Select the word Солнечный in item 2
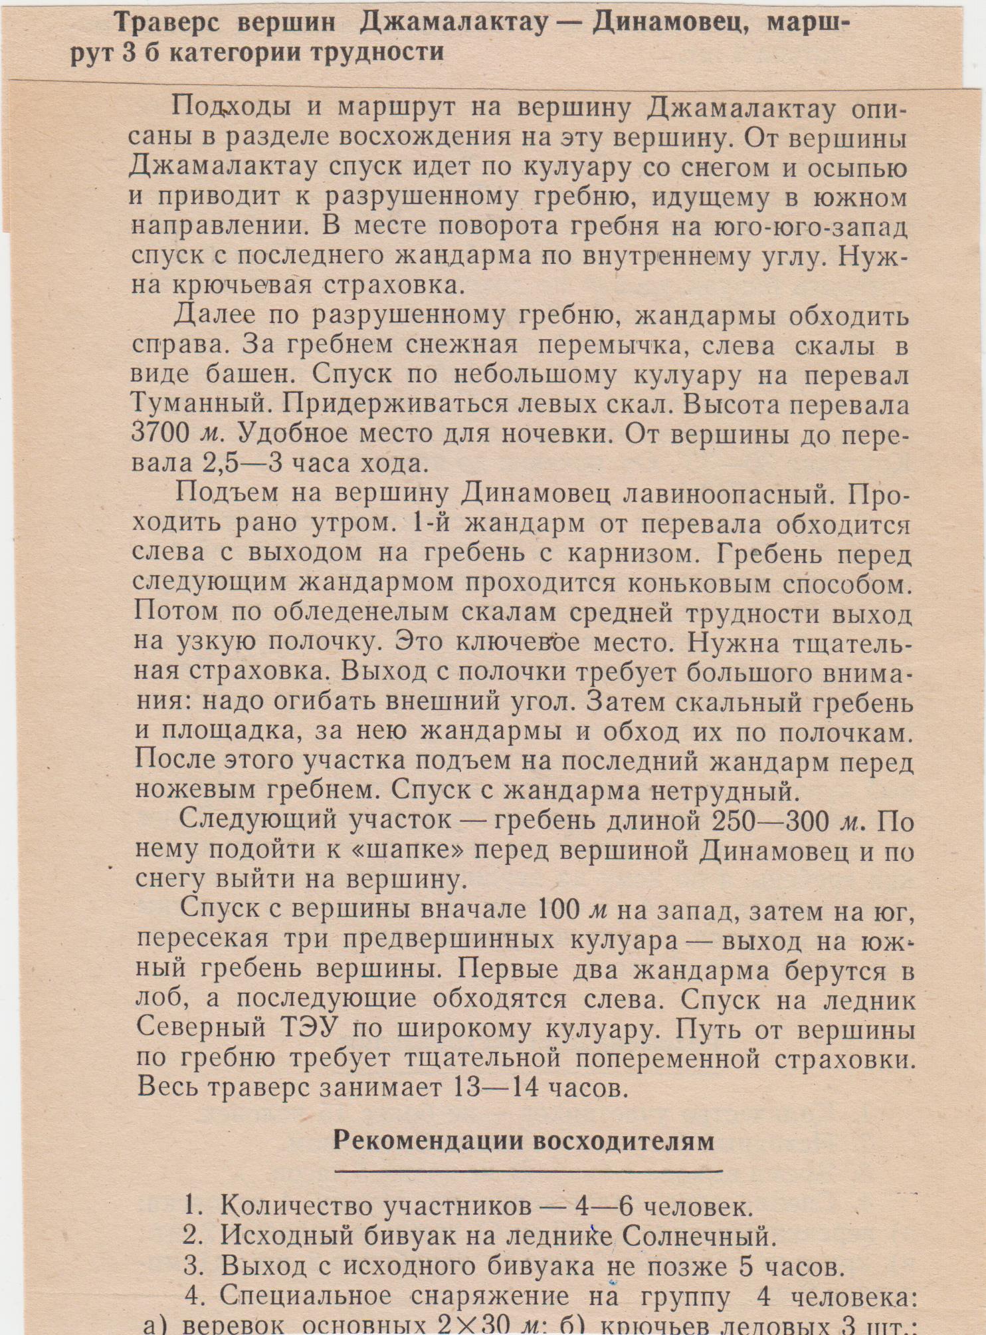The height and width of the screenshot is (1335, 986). (698, 1236)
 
